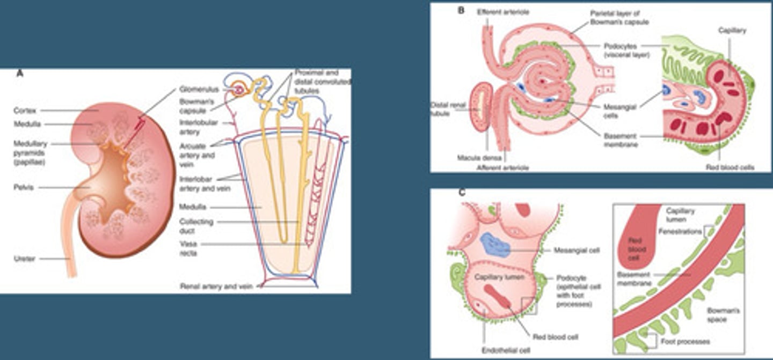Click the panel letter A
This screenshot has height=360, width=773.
pos(20,74)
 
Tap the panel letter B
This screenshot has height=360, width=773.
pos(461,10)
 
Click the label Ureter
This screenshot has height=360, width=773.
pos(25,259)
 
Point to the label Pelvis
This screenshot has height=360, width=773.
pos(24,188)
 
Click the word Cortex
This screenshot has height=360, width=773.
pos(25,111)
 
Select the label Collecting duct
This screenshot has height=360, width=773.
pos(197,226)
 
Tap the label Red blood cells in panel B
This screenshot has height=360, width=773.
pos(731,167)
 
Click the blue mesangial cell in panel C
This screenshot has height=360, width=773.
pos(495,245)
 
